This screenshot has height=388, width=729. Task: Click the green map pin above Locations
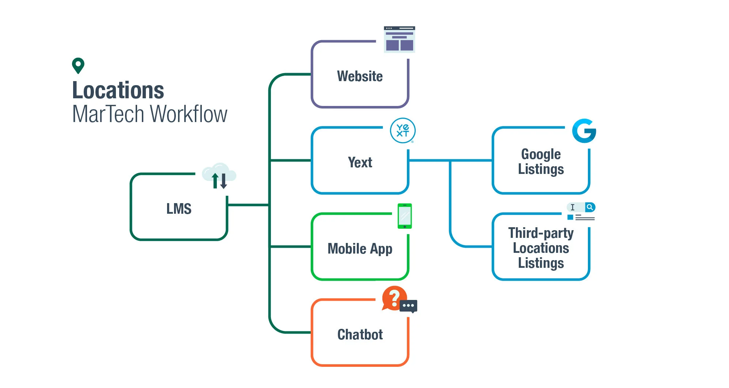(x=78, y=65)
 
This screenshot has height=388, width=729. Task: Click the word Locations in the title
(x=118, y=90)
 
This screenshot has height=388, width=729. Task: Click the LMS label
(x=179, y=209)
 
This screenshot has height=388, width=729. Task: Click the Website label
(x=360, y=76)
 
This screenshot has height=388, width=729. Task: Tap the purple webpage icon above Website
(x=399, y=39)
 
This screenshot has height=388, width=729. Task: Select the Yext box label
(x=360, y=162)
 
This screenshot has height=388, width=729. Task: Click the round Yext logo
(x=403, y=130)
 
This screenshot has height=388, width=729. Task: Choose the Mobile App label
(x=360, y=249)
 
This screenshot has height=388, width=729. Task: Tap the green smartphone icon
(x=404, y=216)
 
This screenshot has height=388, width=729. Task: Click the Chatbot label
(x=360, y=335)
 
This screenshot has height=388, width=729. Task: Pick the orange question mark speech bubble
(x=394, y=298)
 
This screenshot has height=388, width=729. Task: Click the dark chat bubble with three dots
(x=408, y=306)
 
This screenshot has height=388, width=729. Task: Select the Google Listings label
(x=541, y=161)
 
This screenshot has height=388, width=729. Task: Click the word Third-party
(x=541, y=233)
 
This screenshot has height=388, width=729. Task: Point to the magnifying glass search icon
(x=590, y=207)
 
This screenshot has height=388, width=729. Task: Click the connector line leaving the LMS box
(x=248, y=205)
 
